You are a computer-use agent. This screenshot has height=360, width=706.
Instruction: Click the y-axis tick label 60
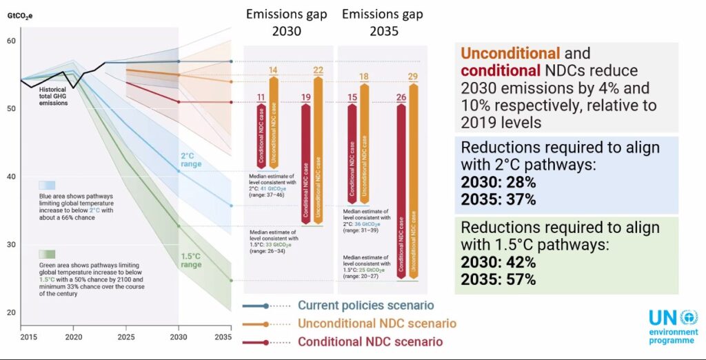coord(10,41)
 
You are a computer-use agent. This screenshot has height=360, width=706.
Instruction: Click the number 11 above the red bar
coord(261,97)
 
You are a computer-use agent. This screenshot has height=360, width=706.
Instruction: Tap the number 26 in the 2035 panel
coord(401,97)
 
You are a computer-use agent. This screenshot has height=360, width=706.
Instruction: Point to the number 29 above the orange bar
coord(413,77)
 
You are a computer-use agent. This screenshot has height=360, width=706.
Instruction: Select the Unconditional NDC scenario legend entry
coord(376,323)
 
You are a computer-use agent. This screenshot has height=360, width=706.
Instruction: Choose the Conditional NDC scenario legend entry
coord(370,341)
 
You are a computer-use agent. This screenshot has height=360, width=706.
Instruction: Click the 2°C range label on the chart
coord(190,160)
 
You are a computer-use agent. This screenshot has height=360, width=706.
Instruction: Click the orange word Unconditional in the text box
coord(510,53)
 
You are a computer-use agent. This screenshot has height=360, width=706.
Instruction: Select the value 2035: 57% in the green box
coord(498,280)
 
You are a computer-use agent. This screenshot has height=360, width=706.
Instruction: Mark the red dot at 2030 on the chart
coord(179,102)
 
